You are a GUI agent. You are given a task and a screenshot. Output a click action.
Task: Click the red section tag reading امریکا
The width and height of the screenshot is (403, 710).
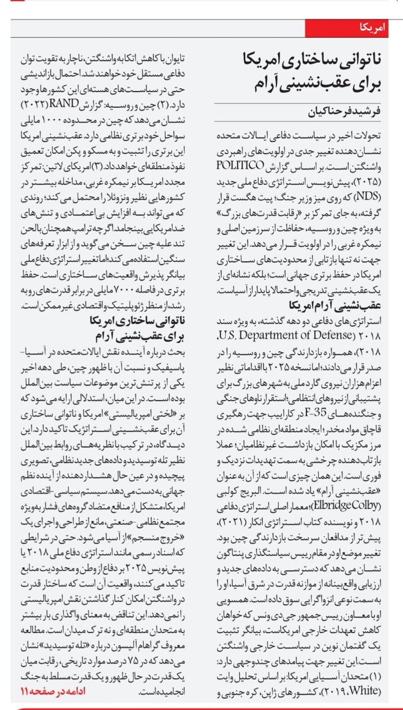click(x=376, y=28)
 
